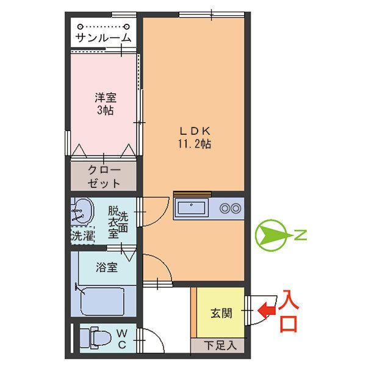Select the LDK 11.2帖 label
(195, 138)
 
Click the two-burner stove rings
(231, 209)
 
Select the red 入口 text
(289, 312)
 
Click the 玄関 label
(221, 314)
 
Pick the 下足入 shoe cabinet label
(220, 346)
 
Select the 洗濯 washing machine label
(82, 235)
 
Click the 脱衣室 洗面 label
(118, 223)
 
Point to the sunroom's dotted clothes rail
(104, 27)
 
